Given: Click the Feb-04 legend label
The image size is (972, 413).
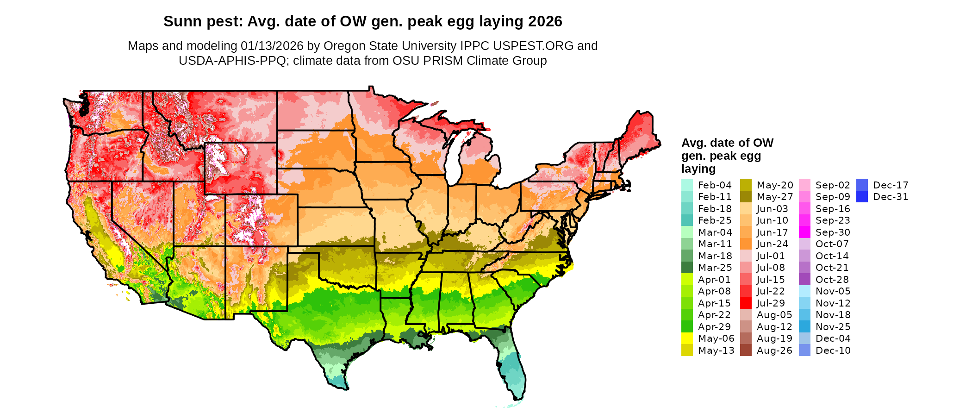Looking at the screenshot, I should pos(715,185).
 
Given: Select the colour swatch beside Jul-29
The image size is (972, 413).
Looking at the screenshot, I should pos(746,303).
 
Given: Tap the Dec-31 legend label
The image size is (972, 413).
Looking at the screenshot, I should pos(891,197).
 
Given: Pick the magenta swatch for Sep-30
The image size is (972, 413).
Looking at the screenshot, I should pos(804,232).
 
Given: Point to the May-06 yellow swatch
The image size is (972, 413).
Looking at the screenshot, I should pos(687,338).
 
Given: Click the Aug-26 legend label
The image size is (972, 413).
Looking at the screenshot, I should pos(774,350).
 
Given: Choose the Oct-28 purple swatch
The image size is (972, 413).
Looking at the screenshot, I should pos(804,280).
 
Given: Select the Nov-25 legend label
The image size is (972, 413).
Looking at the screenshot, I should pos(833,327).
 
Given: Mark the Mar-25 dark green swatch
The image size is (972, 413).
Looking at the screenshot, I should pos(687,268).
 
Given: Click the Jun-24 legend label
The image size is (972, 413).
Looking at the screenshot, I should pos(772,244).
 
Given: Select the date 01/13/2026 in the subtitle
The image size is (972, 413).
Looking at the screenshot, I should pos(272,46).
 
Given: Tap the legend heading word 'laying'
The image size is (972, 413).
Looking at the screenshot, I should pos(698,169).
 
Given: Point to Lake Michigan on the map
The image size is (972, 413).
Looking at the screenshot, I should pos(456,157).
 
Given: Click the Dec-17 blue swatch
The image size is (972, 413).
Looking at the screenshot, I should pos(862,185).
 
